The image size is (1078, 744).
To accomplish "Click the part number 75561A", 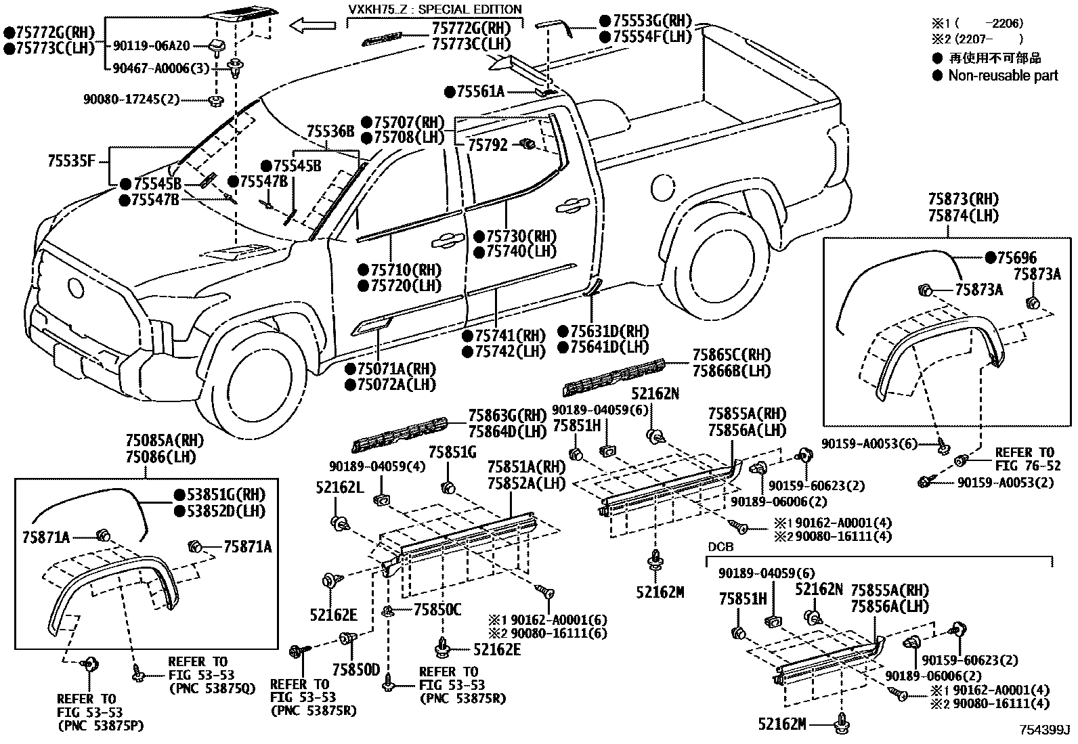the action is tap(480, 91).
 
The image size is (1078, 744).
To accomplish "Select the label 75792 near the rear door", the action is tap(488, 145).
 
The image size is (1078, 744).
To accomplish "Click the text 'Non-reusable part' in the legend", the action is tap(1002, 76).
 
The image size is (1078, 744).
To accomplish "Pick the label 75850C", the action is tap(437, 611).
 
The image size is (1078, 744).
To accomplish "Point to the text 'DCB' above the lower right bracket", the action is tap(720, 546).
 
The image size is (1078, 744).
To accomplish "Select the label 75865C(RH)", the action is tap(731, 355).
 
